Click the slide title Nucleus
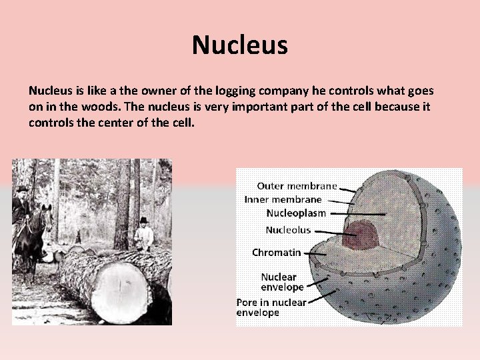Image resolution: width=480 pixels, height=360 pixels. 239,45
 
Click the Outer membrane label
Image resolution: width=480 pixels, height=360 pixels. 297,186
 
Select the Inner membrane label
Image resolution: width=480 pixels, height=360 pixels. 283,199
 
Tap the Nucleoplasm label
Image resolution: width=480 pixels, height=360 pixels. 296,213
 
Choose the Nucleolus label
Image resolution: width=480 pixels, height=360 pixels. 288,230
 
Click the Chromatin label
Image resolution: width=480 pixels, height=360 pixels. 276,253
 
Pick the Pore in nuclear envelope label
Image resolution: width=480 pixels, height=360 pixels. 271,307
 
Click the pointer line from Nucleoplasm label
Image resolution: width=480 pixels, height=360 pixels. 357,213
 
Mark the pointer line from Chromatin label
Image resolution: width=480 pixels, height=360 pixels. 314,253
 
